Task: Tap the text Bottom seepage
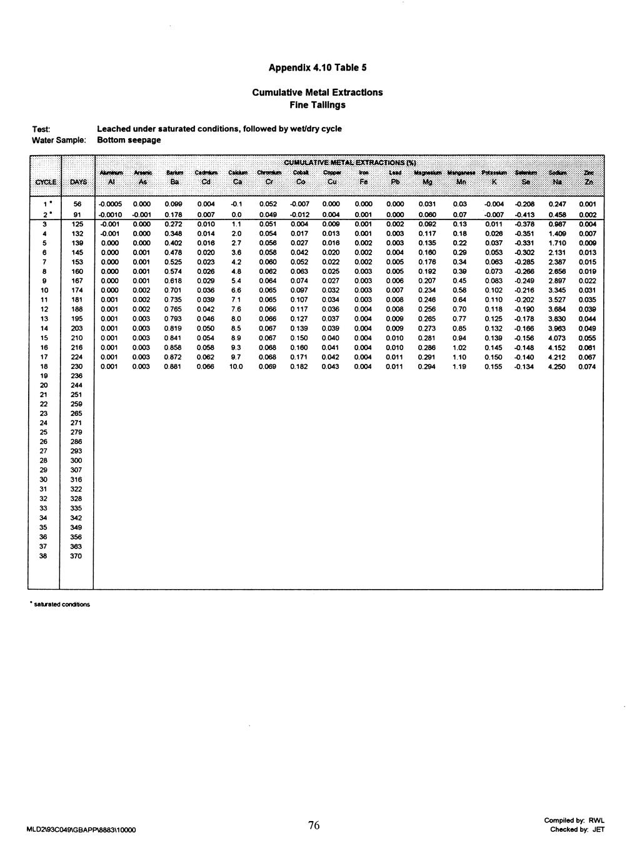[x=129, y=139]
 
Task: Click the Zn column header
[x=587, y=182]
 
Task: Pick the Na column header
[x=555, y=182]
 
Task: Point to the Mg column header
[x=427, y=182]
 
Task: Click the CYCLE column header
[x=44, y=182]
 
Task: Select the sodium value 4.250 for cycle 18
[x=556, y=367]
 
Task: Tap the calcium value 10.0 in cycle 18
[x=236, y=367]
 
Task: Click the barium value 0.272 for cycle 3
[x=173, y=224]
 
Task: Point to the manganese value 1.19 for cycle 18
[x=459, y=367]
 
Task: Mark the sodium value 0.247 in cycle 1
[x=556, y=204]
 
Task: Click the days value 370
[x=76, y=556]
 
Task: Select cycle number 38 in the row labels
[x=44, y=556]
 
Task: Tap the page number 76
[x=314, y=825]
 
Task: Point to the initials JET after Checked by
[x=598, y=830]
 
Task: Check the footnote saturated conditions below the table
[x=61, y=604]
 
